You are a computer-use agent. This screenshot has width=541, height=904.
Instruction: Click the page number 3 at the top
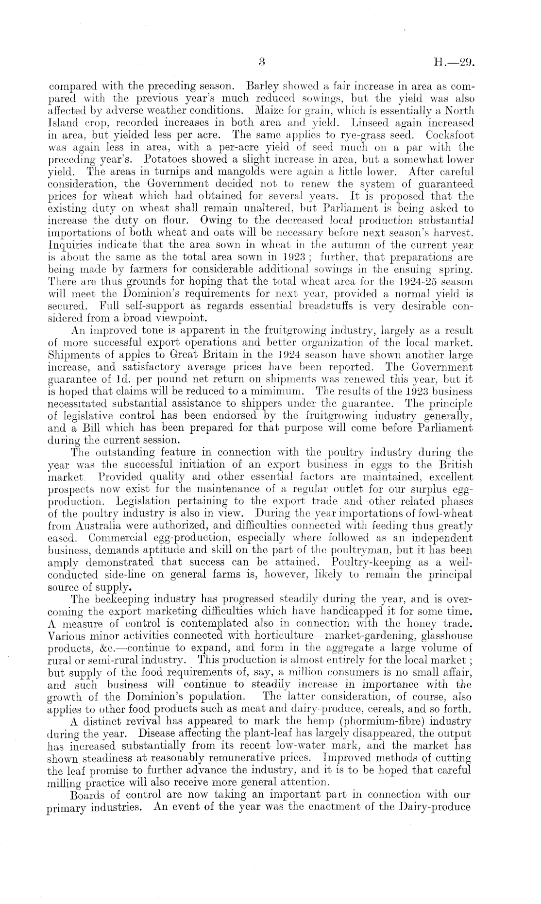click(261, 62)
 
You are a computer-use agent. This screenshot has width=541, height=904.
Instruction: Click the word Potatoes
click(158, 159)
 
